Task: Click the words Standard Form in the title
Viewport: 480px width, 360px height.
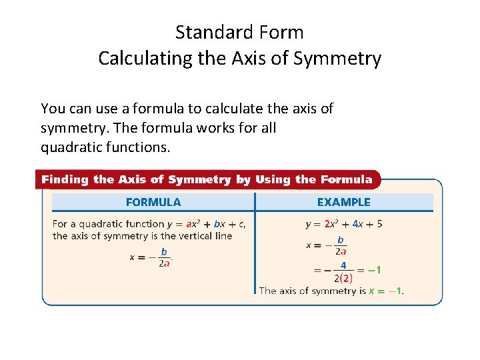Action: tap(239, 32)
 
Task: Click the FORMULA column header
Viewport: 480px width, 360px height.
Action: tap(153, 202)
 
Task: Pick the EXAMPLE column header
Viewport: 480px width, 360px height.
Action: tap(343, 202)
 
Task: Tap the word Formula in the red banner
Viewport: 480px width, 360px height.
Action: tap(346, 179)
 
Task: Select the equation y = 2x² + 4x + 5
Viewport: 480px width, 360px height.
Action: tap(343, 224)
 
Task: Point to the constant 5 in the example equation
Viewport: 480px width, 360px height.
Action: tap(379, 224)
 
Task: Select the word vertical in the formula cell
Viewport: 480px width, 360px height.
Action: tap(188, 235)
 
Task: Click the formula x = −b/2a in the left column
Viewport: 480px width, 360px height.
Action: tap(151, 257)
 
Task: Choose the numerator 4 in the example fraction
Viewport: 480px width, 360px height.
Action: tap(343, 265)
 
